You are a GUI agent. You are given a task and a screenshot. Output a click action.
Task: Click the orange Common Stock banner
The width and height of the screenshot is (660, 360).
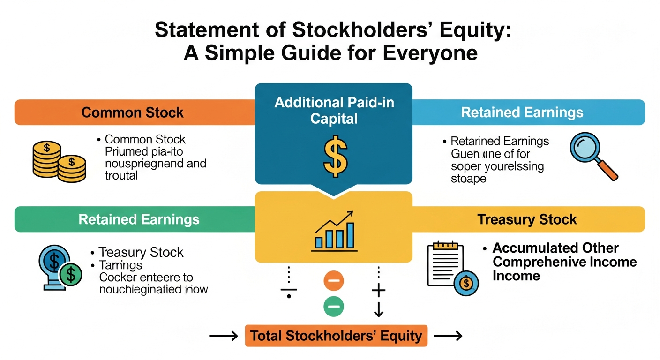click(133, 112)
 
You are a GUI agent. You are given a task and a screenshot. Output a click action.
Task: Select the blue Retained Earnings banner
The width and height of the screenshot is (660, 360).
click(522, 112)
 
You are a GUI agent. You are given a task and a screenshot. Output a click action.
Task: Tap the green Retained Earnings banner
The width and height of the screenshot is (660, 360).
click(139, 219)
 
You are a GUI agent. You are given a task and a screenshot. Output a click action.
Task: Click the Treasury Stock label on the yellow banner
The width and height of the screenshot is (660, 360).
click(527, 219)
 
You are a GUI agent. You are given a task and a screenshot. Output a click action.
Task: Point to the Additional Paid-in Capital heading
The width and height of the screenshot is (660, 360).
click(334, 110)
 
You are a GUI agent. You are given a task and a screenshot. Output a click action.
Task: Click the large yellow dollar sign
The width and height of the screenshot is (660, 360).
click(335, 155)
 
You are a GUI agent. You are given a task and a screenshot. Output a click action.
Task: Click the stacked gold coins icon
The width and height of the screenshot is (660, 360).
click(58, 162)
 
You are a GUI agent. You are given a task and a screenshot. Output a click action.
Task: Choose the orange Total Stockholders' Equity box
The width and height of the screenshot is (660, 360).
click(336, 336)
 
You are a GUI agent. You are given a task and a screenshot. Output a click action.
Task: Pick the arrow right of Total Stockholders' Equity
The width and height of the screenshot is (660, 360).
click(448, 336)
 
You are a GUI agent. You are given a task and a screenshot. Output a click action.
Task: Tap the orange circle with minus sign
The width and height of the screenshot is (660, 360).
click(334, 281)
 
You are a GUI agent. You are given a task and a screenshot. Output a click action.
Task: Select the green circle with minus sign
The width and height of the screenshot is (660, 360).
click(334, 307)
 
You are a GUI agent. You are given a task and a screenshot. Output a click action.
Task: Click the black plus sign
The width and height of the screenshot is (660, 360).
click(378, 291)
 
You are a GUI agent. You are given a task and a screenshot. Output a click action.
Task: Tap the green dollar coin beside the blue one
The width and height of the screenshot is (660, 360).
click(71, 275)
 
